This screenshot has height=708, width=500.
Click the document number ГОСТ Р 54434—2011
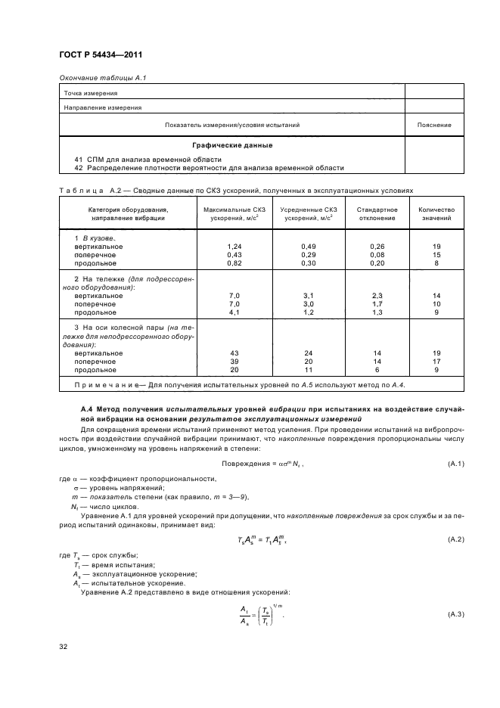(x=101, y=55)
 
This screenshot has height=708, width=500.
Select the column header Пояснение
(x=434, y=125)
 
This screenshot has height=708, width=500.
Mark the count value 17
(x=436, y=362)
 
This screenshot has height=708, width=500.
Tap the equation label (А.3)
(x=455, y=613)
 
